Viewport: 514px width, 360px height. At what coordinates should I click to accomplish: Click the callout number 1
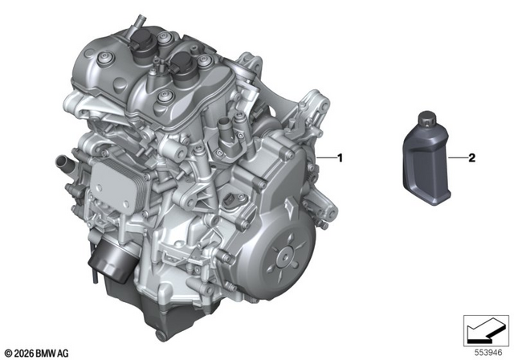340,158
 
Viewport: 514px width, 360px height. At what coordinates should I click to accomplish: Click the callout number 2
471,158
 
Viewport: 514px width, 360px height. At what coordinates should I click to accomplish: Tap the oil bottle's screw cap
426,119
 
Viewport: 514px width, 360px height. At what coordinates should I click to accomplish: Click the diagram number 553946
488,353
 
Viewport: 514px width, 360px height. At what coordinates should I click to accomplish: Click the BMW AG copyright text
37,354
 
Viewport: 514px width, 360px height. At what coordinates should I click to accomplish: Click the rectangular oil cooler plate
117,186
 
